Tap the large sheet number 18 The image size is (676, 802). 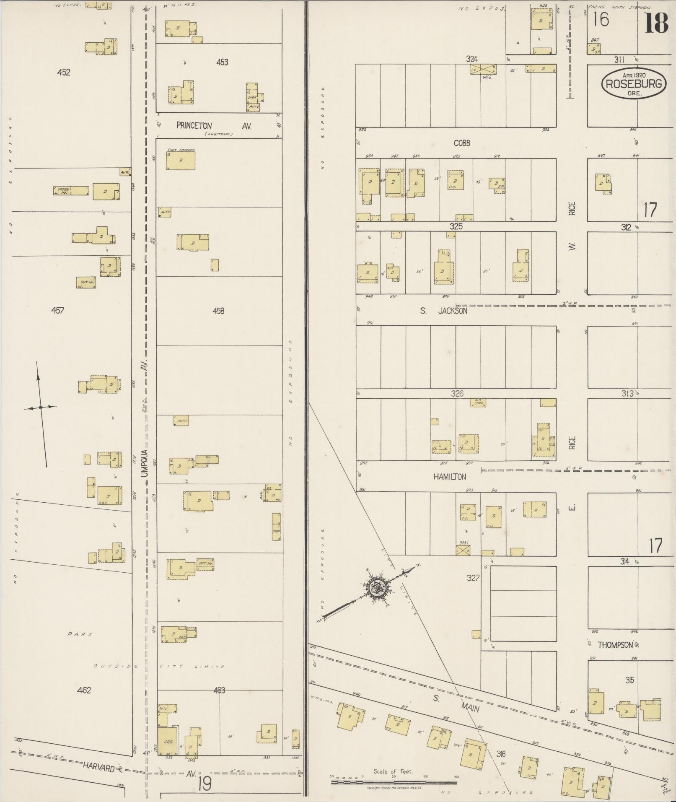656,23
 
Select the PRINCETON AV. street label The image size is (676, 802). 214,126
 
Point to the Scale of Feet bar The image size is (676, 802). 394,781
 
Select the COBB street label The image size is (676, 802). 462,143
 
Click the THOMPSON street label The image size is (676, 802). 615,645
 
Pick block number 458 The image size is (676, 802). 218,311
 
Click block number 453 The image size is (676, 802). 222,62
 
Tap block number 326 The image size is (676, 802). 457,393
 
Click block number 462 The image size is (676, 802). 84,690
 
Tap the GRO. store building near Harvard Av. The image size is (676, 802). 167,741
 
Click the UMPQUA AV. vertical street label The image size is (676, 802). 145,419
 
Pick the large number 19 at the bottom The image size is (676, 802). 205,784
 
